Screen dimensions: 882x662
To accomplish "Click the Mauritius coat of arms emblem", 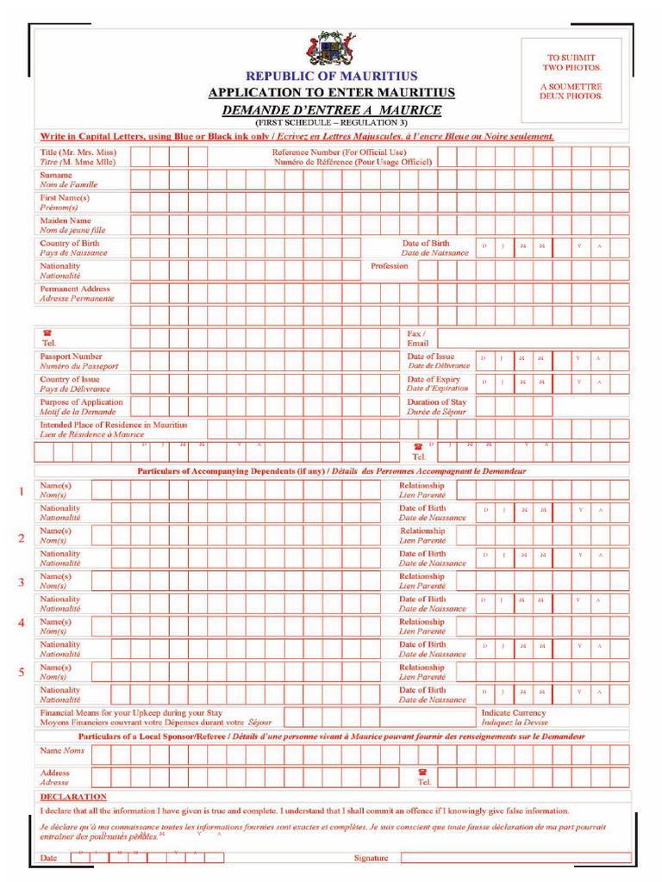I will click(331, 48).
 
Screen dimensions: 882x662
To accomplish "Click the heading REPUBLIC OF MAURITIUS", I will click(332, 77).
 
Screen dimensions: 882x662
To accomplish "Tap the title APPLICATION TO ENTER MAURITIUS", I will click(332, 93).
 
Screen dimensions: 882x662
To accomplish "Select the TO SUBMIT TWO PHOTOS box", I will click(571, 77).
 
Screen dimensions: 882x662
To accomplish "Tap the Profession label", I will click(390, 266).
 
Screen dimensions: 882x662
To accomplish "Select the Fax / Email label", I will click(418, 338).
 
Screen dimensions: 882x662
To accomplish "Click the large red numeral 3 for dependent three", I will click(21, 583).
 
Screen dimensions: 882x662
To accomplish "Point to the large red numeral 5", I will click(21, 673).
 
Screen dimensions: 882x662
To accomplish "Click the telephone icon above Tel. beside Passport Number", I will click(47, 332).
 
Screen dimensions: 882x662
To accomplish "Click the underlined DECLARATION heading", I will click(73, 797).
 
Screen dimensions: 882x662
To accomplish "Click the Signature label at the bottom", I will click(372, 858).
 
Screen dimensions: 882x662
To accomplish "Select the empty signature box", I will click(515, 858).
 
